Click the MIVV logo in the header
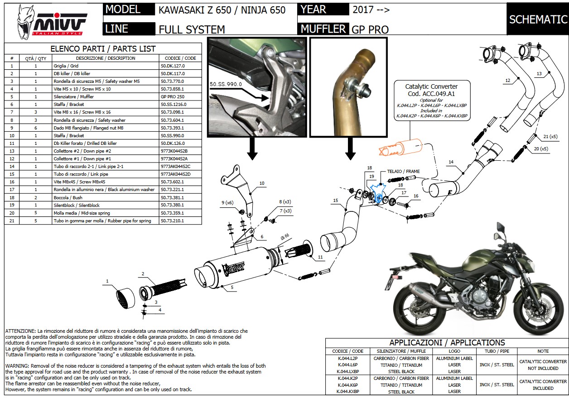(x=52, y=21)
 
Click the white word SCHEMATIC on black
(x=538, y=19)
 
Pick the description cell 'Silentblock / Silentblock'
(x=105, y=205)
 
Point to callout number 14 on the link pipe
(x=451, y=162)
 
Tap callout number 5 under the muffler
(x=231, y=287)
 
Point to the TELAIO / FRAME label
(x=403, y=172)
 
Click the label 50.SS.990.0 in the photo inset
(x=226, y=84)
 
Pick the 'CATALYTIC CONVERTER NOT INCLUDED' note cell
(x=543, y=365)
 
